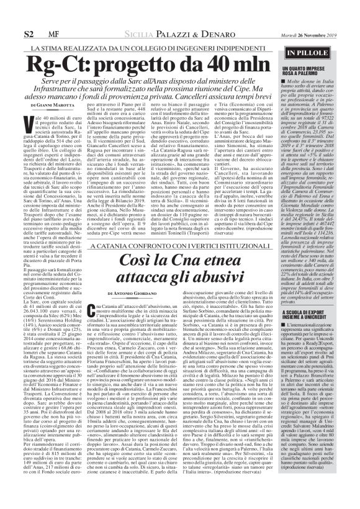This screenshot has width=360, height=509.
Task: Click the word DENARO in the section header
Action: click(202, 32)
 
